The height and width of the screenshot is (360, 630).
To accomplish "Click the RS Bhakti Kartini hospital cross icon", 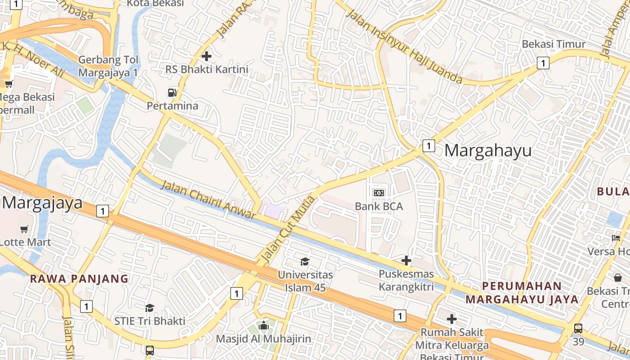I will tap(207, 56).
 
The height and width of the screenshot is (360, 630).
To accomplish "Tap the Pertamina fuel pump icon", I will tap(172, 93).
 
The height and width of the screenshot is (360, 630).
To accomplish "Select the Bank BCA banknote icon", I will tap(379, 193).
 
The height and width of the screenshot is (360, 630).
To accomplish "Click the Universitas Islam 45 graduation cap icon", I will tap(305, 261).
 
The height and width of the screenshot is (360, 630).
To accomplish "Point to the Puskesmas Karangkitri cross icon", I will tap(406, 261).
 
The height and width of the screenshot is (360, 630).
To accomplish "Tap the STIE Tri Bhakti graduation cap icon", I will tap(149, 308).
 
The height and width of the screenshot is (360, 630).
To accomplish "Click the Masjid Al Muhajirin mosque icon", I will tap(264, 325).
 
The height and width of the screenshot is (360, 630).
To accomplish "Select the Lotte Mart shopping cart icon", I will tap(24, 229).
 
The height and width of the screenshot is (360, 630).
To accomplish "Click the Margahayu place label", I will tap(488, 150).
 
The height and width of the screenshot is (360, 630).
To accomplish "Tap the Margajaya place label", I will tap(43, 203).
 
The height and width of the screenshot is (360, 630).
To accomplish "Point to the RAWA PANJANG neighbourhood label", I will tap(79, 279).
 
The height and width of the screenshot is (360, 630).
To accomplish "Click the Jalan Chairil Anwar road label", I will tap(208, 200).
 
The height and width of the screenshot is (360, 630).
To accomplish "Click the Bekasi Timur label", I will tap(553, 44).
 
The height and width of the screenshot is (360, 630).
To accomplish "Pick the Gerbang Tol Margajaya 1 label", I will tap(108, 66).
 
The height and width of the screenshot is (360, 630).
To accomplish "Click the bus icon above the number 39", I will tap(578, 328).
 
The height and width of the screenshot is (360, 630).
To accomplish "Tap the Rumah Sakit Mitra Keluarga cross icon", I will tap(452, 319).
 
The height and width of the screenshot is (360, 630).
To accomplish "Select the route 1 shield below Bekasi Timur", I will tap(543, 63).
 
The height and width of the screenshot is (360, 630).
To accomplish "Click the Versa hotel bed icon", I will tap(616, 238).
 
